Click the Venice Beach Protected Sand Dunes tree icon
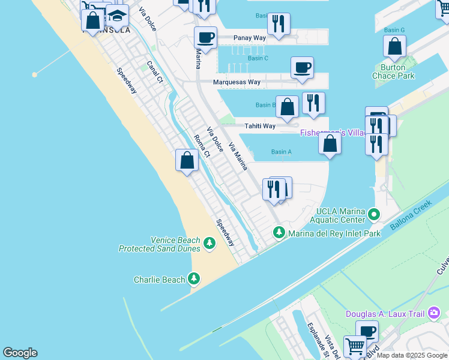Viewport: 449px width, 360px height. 209,243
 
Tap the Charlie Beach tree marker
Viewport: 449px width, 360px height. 193,278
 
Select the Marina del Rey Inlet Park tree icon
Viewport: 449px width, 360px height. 279,232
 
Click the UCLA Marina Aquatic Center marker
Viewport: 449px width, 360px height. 375,214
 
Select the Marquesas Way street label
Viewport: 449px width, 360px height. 237,82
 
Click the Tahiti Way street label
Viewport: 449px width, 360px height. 260,126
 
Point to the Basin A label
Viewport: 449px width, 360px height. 281,152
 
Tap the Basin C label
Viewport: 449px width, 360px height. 258,58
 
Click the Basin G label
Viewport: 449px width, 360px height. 394,30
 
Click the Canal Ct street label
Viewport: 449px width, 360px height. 155,71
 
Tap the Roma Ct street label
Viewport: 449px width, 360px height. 202,146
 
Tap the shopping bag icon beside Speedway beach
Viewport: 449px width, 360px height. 187,160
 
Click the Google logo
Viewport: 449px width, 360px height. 20,353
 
